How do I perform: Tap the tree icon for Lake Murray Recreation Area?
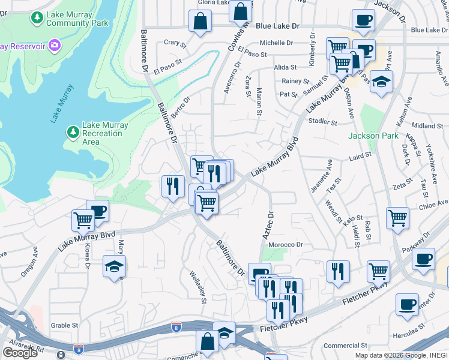[x=73, y=131]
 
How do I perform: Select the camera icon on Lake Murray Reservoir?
[x=55, y=45]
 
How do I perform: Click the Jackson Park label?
[x=373, y=136]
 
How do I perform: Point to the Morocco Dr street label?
[x=286, y=245]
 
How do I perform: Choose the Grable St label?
[x=65, y=325]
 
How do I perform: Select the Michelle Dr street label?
[x=276, y=43]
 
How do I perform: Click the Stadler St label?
[x=322, y=122]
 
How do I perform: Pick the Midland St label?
[x=427, y=126]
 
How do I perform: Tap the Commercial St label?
[x=344, y=346]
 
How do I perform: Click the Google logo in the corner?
[x=20, y=352]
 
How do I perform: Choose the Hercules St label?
[x=426, y=330]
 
